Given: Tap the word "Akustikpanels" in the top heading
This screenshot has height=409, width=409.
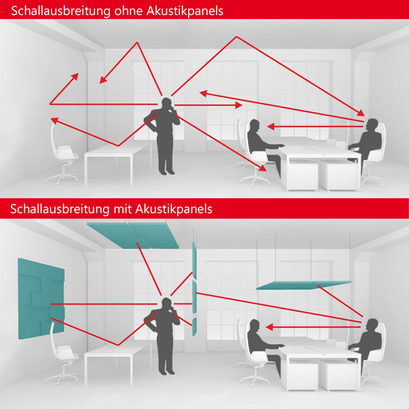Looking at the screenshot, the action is click(x=185, y=11).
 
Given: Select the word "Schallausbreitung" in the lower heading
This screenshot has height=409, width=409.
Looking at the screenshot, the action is click(x=59, y=209).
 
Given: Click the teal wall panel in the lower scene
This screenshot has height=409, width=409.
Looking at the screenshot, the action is click(x=41, y=298).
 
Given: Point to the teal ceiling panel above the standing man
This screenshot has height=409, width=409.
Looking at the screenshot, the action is click(x=133, y=235).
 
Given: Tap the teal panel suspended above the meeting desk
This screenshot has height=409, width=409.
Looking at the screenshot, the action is click(x=304, y=285).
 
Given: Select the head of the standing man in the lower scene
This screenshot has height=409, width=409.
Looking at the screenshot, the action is click(x=166, y=303).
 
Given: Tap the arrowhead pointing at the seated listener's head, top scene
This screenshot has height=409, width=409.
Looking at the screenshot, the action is click(x=271, y=126).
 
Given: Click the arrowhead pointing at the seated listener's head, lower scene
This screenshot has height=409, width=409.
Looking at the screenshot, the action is click(x=269, y=327).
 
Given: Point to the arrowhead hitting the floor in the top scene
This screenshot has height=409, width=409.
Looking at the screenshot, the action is click(x=263, y=168).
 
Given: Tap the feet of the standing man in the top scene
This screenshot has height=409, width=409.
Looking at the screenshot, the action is click(x=166, y=172).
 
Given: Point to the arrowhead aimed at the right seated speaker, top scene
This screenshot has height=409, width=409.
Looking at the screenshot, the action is click(x=361, y=113).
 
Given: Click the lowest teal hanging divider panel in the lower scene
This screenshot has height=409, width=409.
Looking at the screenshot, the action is click(x=194, y=327).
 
